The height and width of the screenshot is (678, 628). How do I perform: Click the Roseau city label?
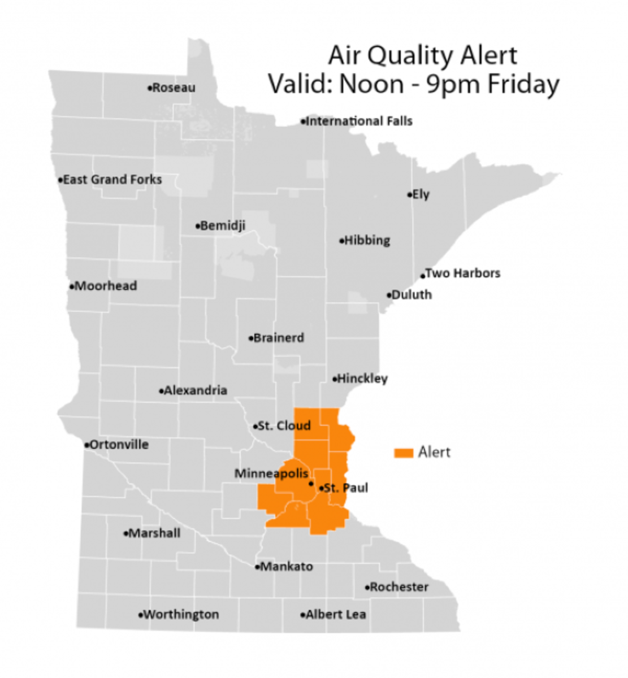tap(174, 88)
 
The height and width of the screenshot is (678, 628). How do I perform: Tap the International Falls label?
tap(359, 121)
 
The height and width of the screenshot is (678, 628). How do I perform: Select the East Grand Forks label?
tap(112, 180)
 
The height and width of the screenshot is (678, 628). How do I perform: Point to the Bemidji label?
tap(223, 225)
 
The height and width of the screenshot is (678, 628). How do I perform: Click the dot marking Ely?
tap(410, 195)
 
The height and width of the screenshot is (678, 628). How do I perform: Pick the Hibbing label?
tap(367, 240)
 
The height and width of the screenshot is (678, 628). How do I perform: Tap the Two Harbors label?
tap(462, 273)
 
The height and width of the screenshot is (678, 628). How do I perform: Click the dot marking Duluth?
tap(389, 295)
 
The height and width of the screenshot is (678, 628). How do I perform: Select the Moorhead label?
tap(106, 286)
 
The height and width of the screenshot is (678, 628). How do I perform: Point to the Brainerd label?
tap(279, 338)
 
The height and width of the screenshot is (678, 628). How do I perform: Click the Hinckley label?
tap(362, 379)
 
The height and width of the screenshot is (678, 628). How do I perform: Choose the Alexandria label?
tap(196, 390)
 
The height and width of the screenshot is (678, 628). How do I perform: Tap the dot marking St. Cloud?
tap(255, 427)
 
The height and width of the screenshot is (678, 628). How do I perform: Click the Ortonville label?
tap(119, 445)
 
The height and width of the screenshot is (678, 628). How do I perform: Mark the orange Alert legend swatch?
tap(404, 453)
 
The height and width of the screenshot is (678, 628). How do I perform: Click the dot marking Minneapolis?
tap(311, 484)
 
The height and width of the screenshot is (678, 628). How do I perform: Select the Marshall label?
tap(154, 533)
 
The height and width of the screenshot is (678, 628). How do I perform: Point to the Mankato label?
tap(287, 567)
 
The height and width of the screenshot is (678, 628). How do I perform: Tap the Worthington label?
tap(181, 615)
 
